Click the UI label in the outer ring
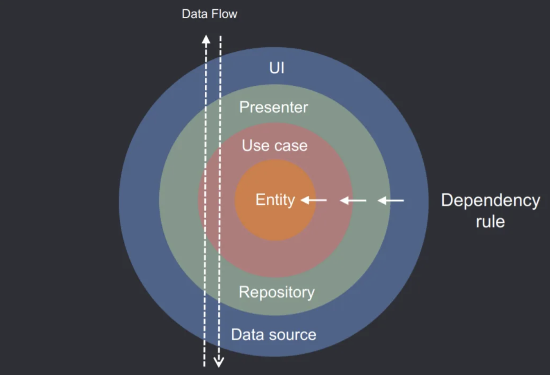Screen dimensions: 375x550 click(x=277, y=68)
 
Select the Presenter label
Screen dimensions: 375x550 click(x=274, y=107)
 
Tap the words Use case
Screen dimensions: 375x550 click(x=275, y=146)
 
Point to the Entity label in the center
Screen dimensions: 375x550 click(x=275, y=200)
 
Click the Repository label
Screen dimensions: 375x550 click(x=277, y=293)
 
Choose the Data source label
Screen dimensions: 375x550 click(x=274, y=334)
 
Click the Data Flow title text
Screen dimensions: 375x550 click(x=209, y=14)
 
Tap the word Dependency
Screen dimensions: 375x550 click(x=490, y=201)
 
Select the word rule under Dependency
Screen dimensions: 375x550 click(x=490, y=222)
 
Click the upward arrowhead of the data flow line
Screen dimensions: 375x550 click(x=206, y=39)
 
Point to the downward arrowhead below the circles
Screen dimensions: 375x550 click(x=219, y=362)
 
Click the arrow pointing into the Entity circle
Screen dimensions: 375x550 click(x=314, y=200)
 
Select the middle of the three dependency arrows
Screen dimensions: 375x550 click(x=353, y=200)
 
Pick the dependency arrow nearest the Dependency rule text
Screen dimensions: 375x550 click(x=391, y=200)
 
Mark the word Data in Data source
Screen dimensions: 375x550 click(x=245, y=334)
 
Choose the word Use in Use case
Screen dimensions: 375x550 click(x=253, y=146)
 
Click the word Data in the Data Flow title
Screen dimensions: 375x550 click(x=194, y=14)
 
